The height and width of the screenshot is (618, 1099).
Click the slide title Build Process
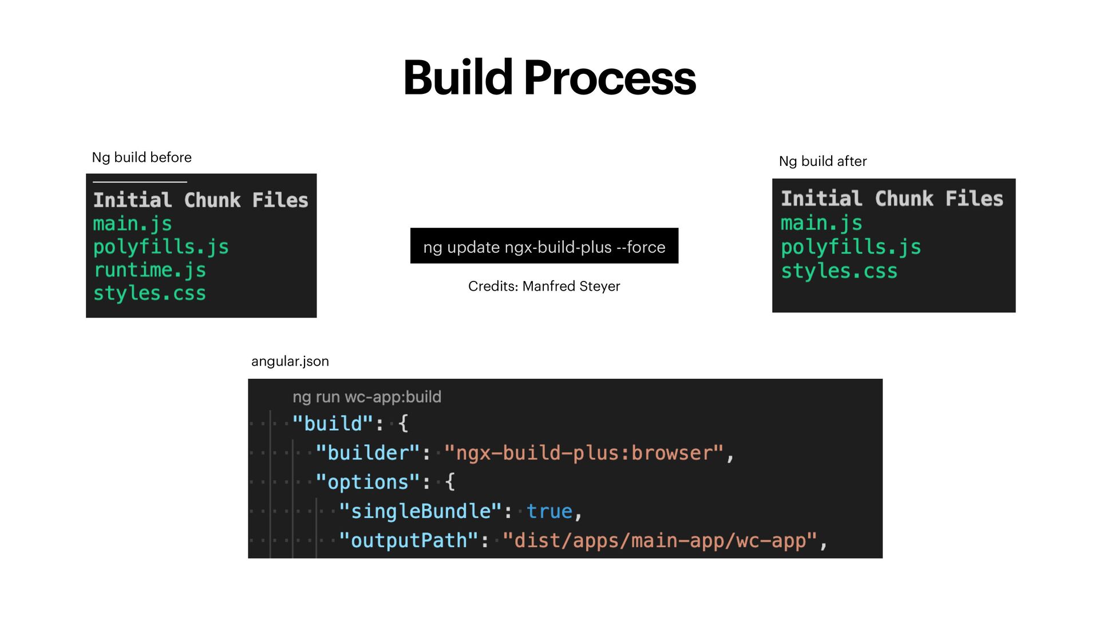pos(549,78)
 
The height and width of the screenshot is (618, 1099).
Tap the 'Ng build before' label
pos(141,157)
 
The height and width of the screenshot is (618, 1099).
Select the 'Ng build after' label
pos(823,161)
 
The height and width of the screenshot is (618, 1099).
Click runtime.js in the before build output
pos(149,270)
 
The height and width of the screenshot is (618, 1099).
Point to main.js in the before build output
pos(132,224)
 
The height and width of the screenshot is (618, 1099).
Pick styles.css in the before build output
pos(149,294)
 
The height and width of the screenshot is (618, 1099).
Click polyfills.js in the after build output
pos(851,247)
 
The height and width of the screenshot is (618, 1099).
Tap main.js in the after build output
pos(821,223)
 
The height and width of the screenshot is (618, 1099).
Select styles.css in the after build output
pos(839,271)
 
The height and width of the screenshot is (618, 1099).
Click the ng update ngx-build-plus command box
pos(544,247)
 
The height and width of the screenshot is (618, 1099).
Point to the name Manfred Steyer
pos(571,286)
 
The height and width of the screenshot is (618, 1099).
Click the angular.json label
pos(290,361)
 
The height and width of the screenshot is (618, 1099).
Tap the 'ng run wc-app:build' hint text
pos(367,397)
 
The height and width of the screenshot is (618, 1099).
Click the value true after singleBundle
pos(549,511)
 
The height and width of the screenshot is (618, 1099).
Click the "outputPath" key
pos(409,540)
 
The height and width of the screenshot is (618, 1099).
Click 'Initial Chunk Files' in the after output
pos(892,199)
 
